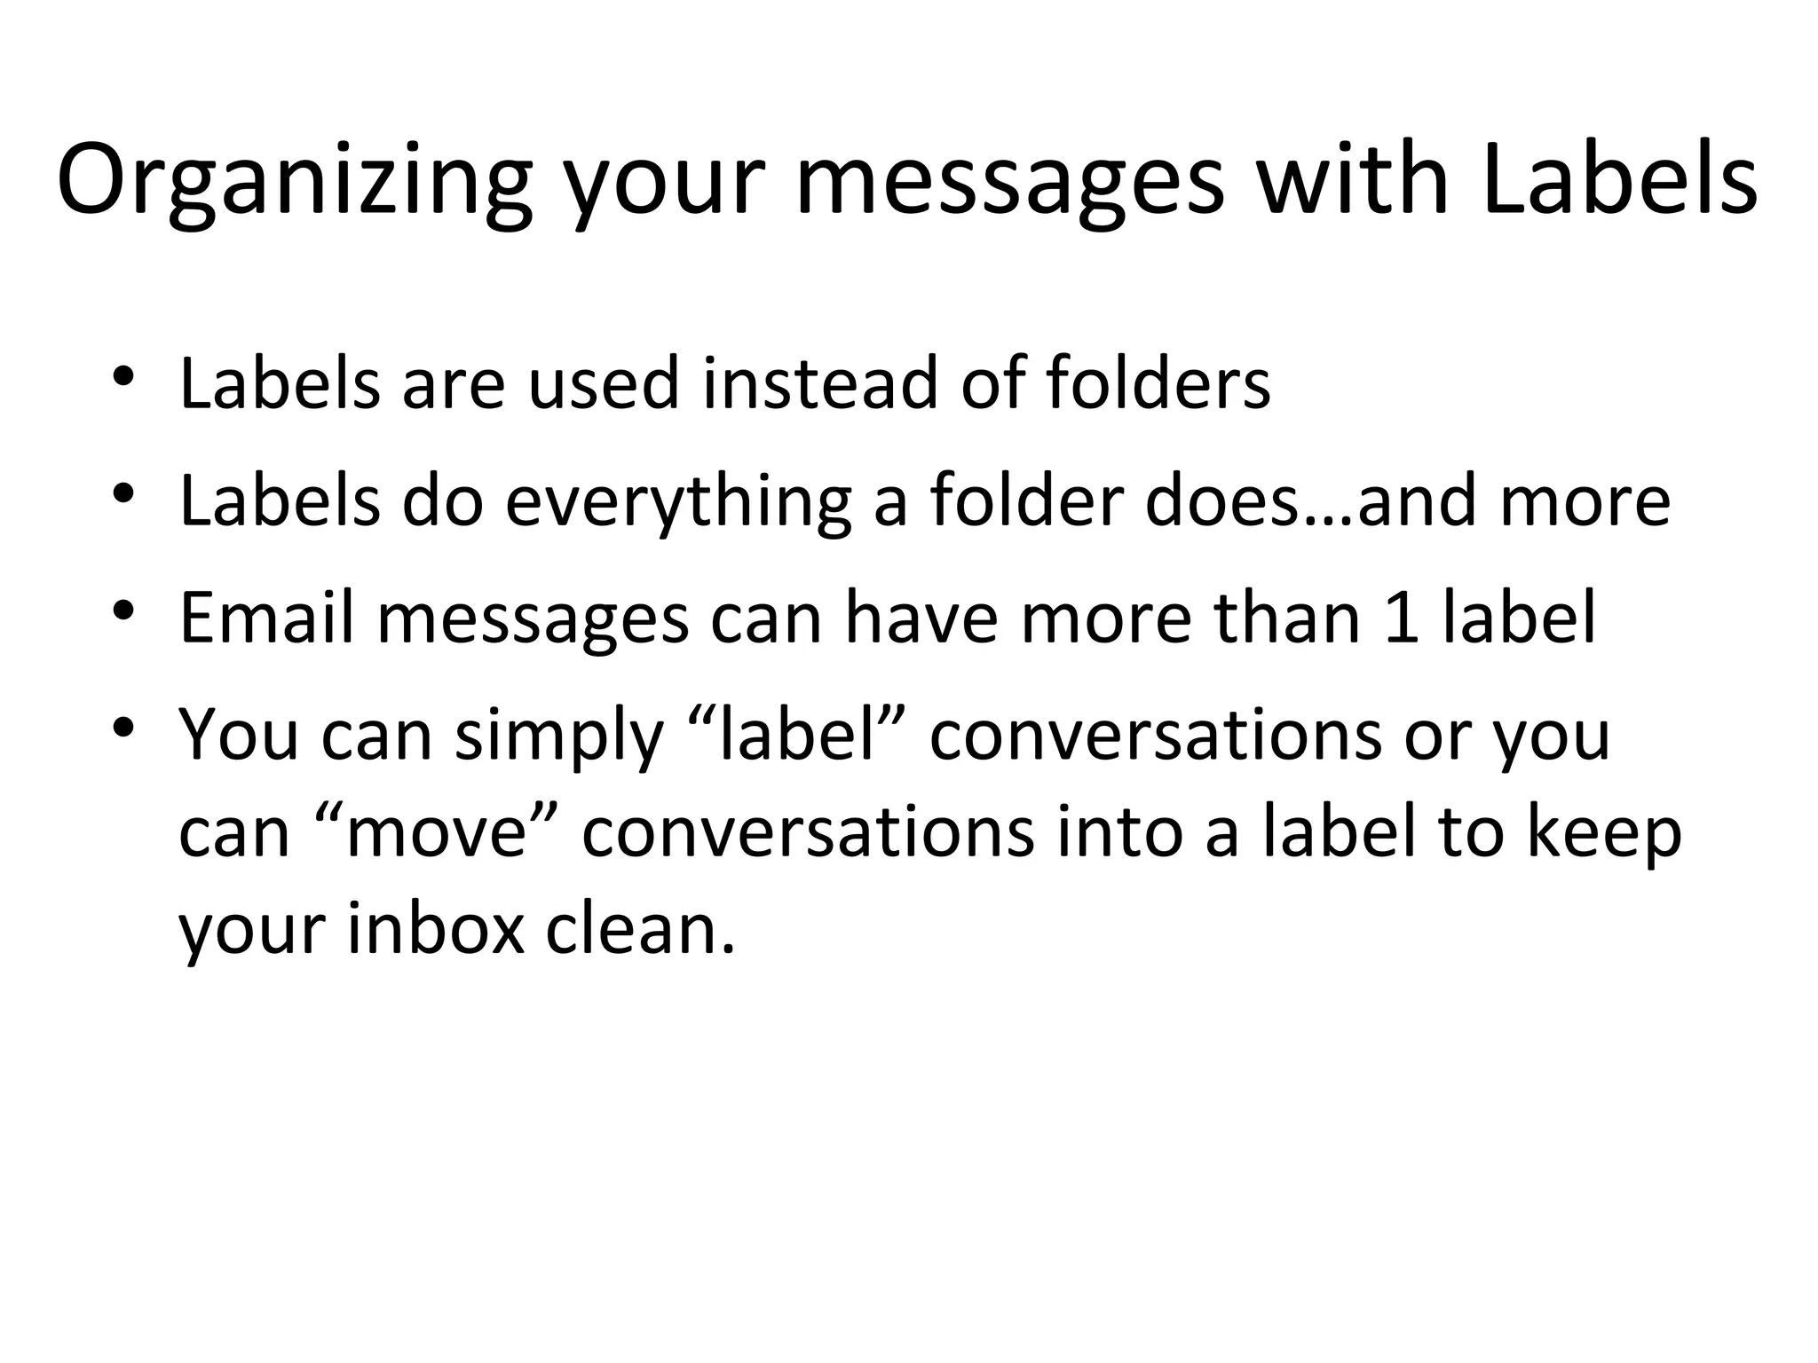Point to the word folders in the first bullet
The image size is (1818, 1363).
click(1158, 383)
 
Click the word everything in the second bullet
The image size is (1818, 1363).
click(678, 502)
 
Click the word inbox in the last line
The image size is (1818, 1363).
click(436, 929)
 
